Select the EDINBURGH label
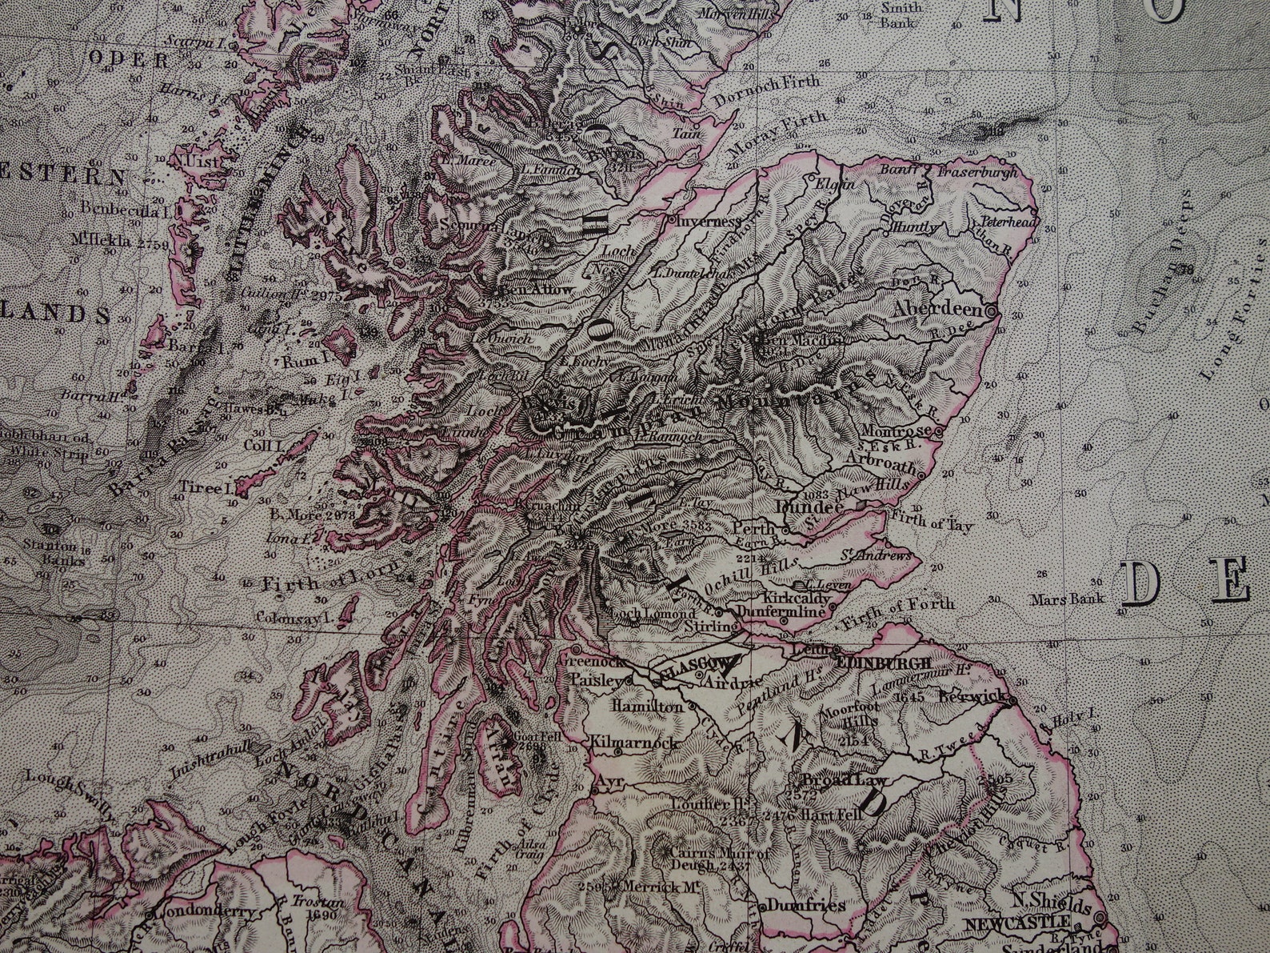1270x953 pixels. pos(882,663)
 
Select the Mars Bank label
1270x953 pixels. pos(1078,598)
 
